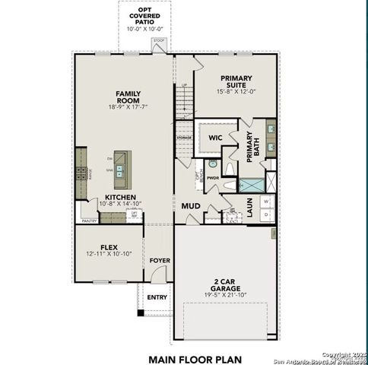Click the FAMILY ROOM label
[x=128, y=97]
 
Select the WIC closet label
[x=215, y=138]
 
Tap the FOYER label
[x=159, y=260]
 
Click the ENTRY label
[x=157, y=297]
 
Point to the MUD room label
[x=189, y=206]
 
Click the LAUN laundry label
[x=249, y=208]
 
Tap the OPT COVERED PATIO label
[x=144, y=16]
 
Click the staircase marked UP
[x=185, y=99]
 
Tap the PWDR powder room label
[x=213, y=178]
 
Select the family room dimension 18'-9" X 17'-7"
[x=128, y=107]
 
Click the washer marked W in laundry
[x=265, y=202]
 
